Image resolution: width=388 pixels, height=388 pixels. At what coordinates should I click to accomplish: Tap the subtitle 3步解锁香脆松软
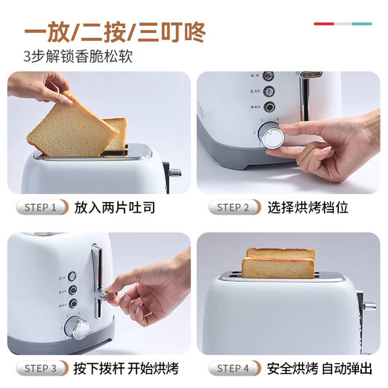click(78, 57)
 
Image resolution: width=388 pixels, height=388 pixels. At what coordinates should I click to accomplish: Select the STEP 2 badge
click(234, 207)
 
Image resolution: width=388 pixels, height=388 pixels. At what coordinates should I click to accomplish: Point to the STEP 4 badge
click(234, 368)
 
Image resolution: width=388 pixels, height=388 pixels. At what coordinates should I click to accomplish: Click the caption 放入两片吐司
click(115, 207)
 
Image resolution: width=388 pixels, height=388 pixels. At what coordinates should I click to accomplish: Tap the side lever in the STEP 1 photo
click(175, 172)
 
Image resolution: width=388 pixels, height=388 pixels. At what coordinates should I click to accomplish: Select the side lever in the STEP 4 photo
click(369, 307)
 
